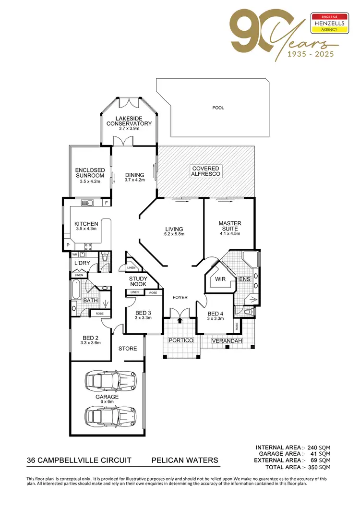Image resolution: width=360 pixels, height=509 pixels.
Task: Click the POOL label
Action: tap(218, 108)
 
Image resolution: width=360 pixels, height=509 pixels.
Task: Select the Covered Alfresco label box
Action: tap(205, 171)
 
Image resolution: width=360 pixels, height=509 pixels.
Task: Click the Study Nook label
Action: tap(138, 281)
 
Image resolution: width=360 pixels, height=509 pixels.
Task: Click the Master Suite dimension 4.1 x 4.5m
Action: tap(229, 233)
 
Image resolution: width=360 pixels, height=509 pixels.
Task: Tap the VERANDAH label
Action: tap(228, 341)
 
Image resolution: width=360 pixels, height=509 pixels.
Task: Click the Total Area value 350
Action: tap(312, 467)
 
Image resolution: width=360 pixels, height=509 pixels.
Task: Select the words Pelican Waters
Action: tap(185, 460)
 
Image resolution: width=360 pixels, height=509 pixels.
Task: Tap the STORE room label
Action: tap(128, 349)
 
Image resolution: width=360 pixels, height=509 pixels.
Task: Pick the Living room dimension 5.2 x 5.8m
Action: tap(174, 234)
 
